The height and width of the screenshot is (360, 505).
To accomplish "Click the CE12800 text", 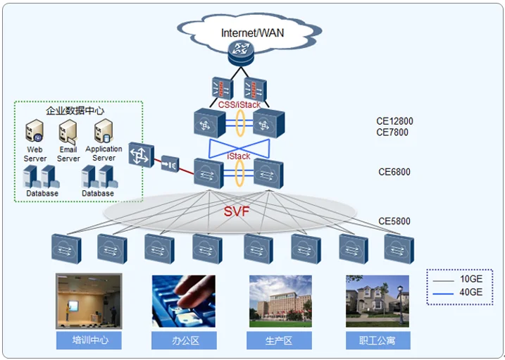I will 394,121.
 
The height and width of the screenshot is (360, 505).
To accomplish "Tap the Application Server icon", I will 104,131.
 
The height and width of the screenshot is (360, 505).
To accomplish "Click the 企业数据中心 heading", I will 75,111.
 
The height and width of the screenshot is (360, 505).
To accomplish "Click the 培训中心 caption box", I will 88,341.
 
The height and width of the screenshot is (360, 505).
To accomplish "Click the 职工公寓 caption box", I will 377,341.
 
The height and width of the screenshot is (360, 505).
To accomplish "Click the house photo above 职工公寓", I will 377,301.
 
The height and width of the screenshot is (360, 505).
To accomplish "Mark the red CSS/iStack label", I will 239,105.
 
